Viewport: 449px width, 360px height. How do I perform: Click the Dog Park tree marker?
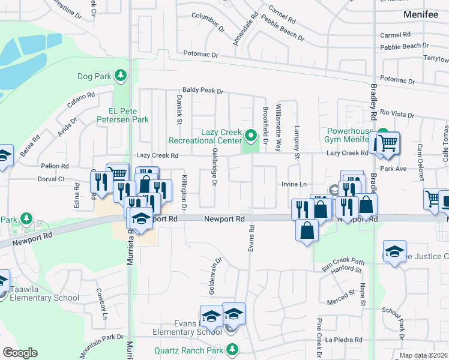(121, 75)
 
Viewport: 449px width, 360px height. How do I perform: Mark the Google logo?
(20, 353)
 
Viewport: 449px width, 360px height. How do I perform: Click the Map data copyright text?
(424, 355)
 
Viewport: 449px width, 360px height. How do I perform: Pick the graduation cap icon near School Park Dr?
(394, 252)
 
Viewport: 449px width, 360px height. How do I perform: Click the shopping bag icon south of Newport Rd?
(307, 230)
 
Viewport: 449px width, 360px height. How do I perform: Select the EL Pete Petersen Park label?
(120, 115)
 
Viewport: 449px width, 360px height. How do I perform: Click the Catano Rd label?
(81, 100)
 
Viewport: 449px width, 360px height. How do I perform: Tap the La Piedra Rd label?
(344, 340)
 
